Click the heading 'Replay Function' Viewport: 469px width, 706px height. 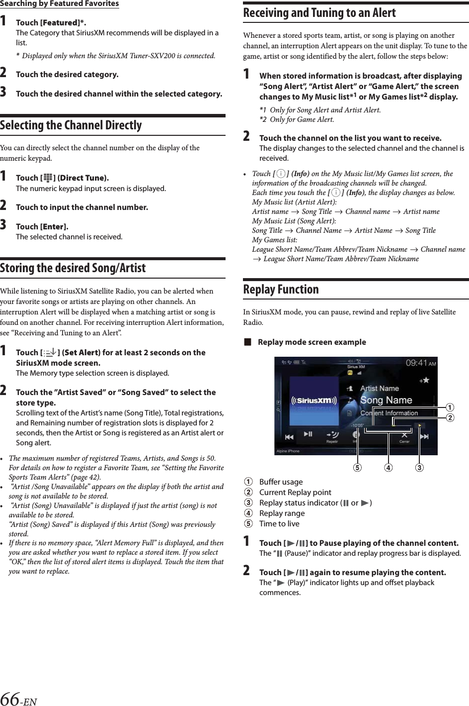[x=281, y=290]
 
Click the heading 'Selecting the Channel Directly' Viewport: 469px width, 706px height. [x=71, y=125]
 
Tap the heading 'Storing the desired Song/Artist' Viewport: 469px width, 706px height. [x=73, y=268]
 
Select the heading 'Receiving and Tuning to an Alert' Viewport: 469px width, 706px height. [x=319, y=13]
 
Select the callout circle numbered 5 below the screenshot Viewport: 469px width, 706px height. [x=357, y=468]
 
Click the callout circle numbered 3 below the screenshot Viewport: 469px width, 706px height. [x=420, y=468]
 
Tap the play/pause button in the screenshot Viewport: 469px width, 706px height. [x=308, y=434]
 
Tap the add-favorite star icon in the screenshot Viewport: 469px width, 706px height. [x=424, y=381]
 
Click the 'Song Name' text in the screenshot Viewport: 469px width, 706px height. [x=386, y=400]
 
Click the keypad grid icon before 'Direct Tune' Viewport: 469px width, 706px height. [x=48, y=178]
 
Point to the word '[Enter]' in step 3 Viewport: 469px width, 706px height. [x=54, y=227]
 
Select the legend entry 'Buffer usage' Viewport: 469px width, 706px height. [x=281, y=482]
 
